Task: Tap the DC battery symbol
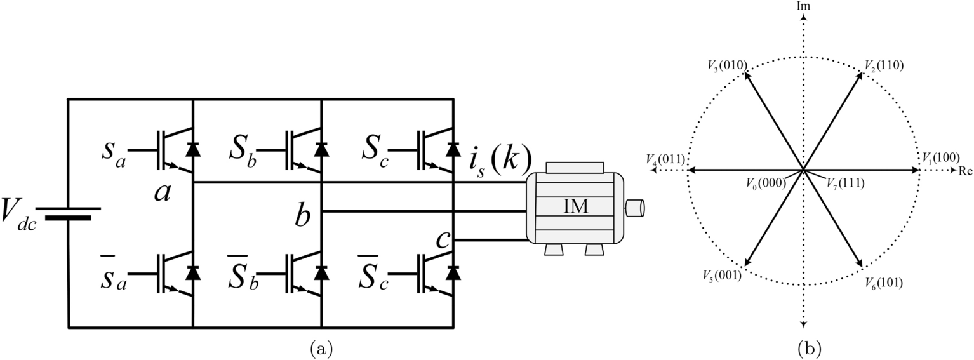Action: coord(68,213)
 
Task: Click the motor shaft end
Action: coord(635,208)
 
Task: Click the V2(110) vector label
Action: coord(883,65)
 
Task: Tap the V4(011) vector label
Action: coord(665,158)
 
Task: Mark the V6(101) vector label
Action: coord(883,282)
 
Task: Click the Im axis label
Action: coord(803,6)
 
